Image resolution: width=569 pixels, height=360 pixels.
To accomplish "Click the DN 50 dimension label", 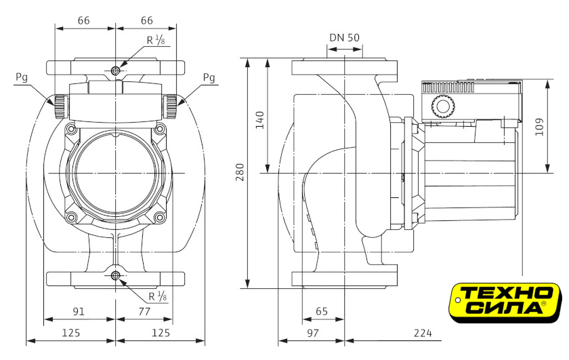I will pos(344,37).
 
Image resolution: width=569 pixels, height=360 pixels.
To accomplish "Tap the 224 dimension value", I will pos(423,333).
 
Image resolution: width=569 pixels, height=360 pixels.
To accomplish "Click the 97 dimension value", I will pos(312,333).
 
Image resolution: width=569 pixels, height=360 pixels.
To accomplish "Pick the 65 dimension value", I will pos(322,312).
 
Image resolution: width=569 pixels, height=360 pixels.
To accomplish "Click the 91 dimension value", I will pos(79,312).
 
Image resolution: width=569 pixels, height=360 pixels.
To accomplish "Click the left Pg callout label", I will pos(22,77).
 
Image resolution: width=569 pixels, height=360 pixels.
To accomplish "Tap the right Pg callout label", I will pos(209,77).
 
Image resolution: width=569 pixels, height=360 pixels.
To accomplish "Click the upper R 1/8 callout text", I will pos(156,40).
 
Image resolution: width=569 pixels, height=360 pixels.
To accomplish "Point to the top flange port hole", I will pos(116,71).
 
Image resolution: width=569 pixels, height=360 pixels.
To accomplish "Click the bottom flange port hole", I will pos(116,275).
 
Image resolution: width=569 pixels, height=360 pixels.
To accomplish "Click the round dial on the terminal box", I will pos(441,106).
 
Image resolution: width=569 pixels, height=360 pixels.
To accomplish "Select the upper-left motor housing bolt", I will pos(72,128).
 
